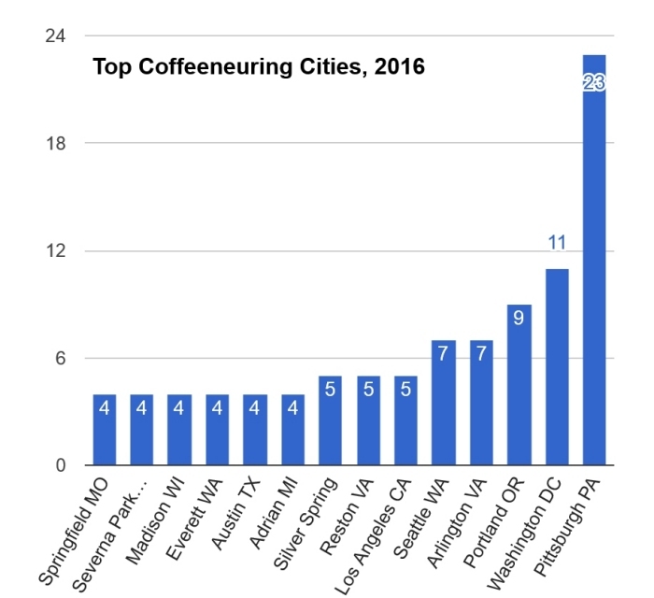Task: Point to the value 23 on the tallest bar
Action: tap(593, 83)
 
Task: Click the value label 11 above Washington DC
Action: tap(557, 244)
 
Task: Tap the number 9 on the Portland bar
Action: tap(519, 318)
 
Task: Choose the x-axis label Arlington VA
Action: tap(455, 523)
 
